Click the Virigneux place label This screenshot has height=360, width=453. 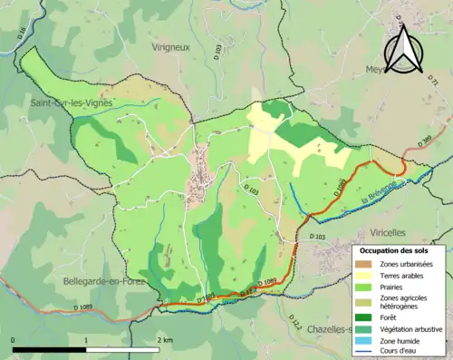coord(170,48)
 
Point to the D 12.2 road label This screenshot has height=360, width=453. coord(295,322)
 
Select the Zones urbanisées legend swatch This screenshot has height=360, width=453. coord(365,264)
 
